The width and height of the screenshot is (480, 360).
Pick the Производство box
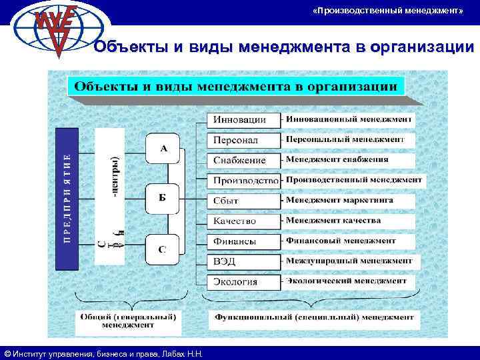(245, 181)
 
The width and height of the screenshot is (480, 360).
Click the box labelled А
(163, 149)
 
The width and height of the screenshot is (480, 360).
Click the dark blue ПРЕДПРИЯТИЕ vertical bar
(67, 199)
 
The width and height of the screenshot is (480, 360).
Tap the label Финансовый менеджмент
(341, 241)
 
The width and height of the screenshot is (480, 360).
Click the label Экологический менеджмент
(346, 281)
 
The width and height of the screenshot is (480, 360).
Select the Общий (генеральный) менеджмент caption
(128, 321)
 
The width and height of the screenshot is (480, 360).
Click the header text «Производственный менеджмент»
(387, 12)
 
